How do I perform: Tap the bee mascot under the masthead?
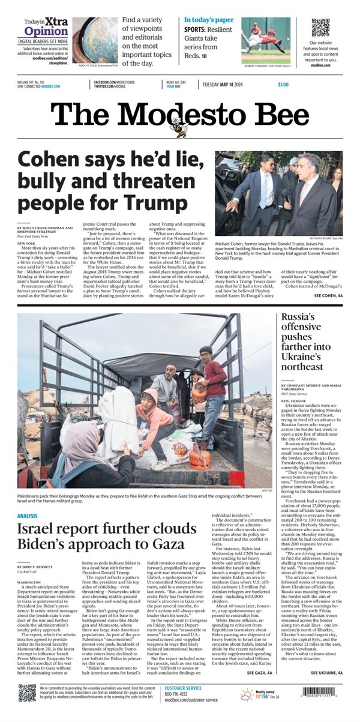[178, 127]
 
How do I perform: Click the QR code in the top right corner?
[321, 28]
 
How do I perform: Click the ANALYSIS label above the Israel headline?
[28, 516]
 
